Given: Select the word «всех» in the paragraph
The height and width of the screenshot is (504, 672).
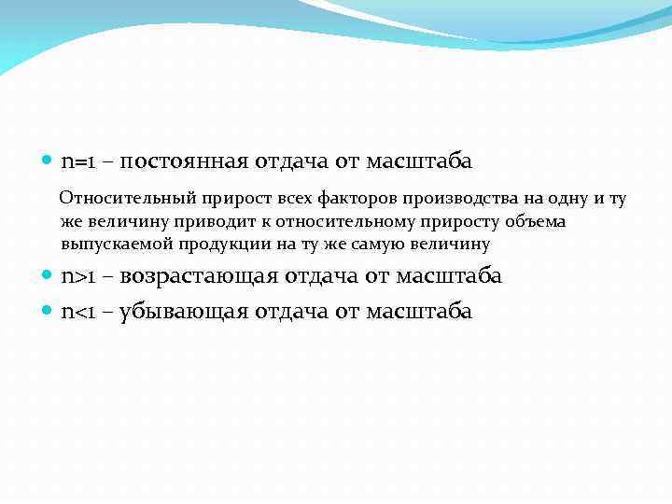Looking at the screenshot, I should pyautogui.click(x=289, y=198).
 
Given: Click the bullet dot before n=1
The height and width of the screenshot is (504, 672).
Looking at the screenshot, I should pyautogui.click(x=49, y=161).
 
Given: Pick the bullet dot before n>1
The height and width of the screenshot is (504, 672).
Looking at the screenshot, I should pyautogui.click(x=49, y=276).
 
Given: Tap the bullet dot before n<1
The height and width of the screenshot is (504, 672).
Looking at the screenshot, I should pyautogui.click(x=49, y=311).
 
